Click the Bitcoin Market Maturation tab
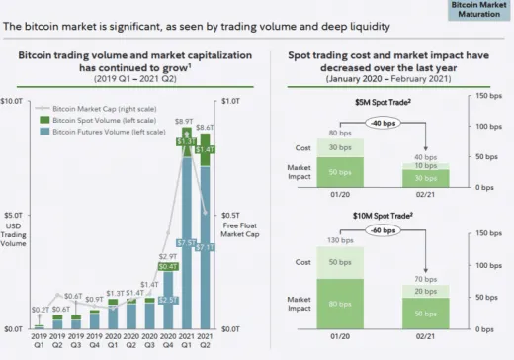point(480,11)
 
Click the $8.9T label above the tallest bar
point(185,121)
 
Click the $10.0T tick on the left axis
point(14,102)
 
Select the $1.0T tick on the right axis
point(231,102)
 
